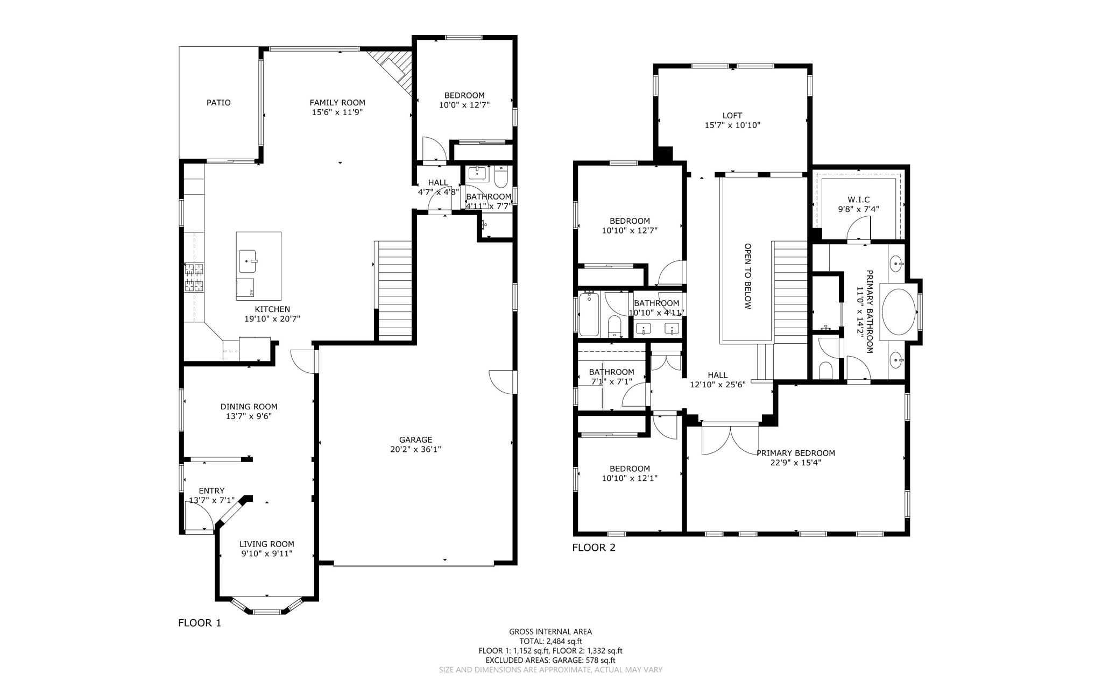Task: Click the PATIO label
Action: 218,103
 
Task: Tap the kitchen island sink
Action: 248,261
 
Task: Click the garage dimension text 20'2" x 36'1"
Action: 415,450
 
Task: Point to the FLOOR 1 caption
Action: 200,623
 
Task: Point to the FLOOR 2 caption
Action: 594,548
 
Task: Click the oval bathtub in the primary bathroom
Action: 898,311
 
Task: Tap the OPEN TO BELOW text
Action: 747,276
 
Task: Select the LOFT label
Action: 732,116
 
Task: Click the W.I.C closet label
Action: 858,200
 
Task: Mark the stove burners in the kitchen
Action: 194,277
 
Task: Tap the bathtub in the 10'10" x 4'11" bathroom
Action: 589,314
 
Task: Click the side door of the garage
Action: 502,382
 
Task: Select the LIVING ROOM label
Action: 266,544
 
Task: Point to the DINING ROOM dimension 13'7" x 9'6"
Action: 249,416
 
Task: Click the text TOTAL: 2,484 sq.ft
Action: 550,641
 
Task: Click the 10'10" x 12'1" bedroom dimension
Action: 629,478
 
